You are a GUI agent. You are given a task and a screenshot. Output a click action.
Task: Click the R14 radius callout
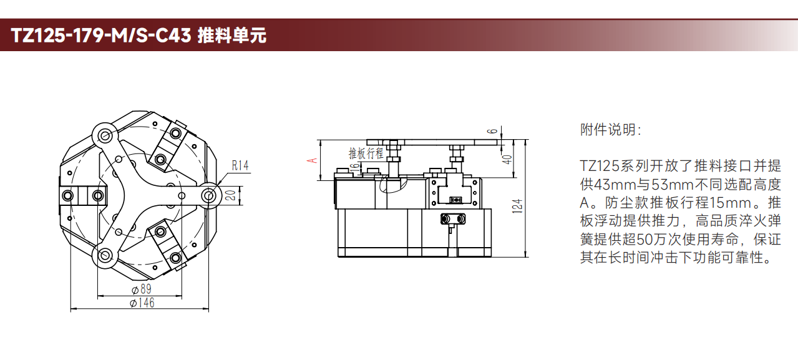(240, 165)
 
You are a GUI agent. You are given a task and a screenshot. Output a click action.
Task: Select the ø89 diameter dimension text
(142, 289)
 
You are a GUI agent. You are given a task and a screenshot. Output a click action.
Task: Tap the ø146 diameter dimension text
(142, 303)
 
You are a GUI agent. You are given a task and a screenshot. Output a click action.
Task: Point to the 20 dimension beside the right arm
(231, 195)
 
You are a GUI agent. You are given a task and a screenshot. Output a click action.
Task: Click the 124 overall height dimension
(517, 206)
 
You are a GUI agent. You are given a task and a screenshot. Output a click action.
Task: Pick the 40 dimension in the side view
(507, 159)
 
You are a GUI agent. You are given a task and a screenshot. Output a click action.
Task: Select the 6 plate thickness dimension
(492, 131)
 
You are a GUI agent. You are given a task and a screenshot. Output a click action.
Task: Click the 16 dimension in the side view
(354, 167)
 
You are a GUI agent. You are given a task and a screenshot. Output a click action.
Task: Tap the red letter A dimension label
(312, 160)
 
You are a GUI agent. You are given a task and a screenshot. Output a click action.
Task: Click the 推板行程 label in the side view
(366, 153)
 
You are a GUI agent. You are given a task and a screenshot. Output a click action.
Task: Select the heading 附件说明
(611, 130)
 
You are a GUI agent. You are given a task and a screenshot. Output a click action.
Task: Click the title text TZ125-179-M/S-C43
(101, 36)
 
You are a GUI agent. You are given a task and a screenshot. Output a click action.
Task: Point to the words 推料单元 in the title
(232, 36)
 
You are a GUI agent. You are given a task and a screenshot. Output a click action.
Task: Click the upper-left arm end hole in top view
(105, 135)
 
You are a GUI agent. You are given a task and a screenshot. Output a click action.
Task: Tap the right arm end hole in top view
(209, 195)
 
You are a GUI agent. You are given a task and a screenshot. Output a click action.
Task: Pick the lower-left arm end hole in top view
(105, 255)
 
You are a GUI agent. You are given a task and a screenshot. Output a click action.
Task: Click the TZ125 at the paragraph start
(600, 166)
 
